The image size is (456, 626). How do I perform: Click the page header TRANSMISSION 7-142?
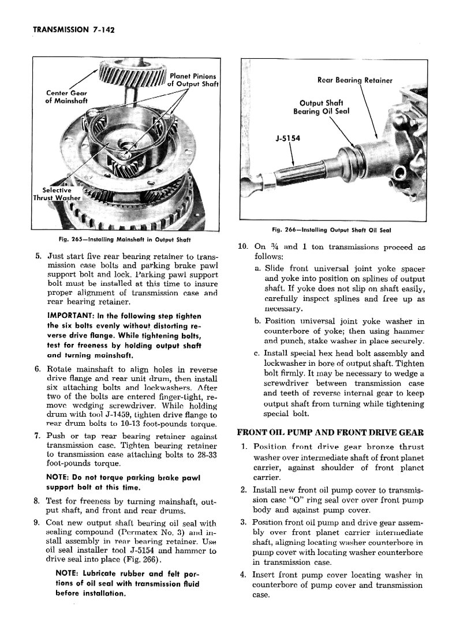point(74,30)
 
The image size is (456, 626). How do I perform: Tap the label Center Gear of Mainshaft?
point(66,97)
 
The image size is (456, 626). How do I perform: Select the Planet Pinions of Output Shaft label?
point(193,80)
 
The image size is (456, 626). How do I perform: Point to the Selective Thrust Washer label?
point(57,194)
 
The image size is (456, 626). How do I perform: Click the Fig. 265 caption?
point(124,240)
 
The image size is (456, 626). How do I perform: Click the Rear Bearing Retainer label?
point(354,80)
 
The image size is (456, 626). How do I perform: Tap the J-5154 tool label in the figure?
point(287,138)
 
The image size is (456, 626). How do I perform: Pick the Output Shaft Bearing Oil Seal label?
point(321,107)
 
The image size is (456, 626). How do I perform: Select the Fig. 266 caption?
point(331,230)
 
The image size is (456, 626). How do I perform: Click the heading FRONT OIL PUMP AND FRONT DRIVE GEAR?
point(331,432)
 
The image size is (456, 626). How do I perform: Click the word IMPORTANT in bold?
point(68,316)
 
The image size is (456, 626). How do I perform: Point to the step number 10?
point(243,246)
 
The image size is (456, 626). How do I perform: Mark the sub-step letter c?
point(257,354)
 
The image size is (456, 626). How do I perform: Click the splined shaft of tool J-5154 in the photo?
point(311,173)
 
